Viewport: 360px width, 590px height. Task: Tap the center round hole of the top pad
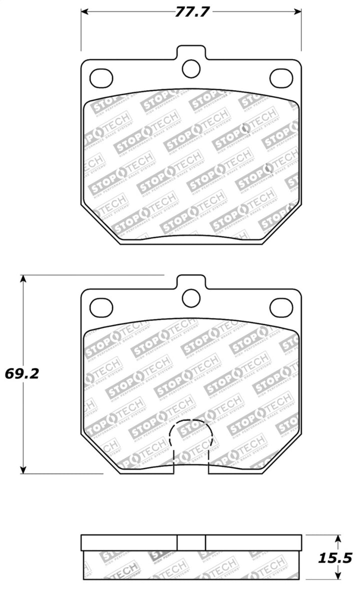pyautogui.click(x=191, y=69)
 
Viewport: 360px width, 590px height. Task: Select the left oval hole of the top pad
pyautogui.click(x=101, y=77)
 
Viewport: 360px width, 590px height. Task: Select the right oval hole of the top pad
pyautogui.click(x=281, y=77)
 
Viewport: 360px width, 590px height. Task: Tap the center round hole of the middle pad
pyautogui.click(x=191, y=298)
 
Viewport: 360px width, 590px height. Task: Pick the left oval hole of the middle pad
pyautogui.click(x=101, y=306)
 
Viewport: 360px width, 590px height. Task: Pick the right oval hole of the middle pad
pyautogui.click(x=281, y=306)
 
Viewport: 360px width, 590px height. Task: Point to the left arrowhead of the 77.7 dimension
pyautogui.click(x=84, y=12)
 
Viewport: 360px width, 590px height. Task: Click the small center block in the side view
pyautogui.click(x=191, y=542)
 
